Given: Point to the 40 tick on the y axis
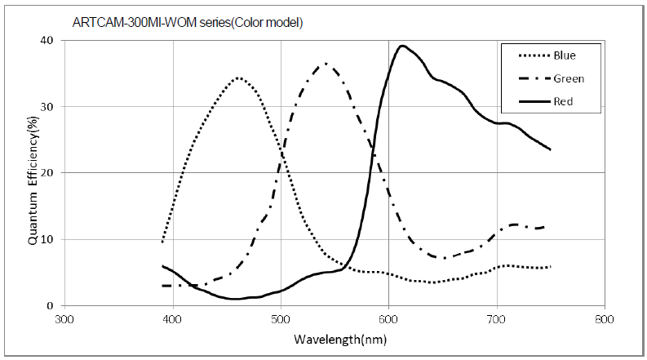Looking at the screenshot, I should pyautogui.click(x=48, y=40).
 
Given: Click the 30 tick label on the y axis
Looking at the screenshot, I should pyautogui.click(x=48, y=106).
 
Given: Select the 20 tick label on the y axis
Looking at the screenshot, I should pyautogui.click(x=48, y=173).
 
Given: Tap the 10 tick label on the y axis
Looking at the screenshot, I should pyautogui.click(x=48, y=239).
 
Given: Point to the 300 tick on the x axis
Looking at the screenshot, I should pyautogui.click(x=64, y=319).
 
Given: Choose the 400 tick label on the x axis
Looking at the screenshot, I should pyautogui.click(x=171, y=319).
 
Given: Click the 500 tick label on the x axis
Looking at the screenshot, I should pyautogui.click(x=280, y=319).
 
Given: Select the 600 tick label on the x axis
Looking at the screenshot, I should pyautogui.click(x=388, y=319).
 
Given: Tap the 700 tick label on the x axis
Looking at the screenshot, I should pyautogui.click(x=496, y=319).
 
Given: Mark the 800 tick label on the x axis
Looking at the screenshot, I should pyautogui.click(x=604, y=319).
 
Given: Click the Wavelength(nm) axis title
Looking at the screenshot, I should pyautogui.click(x=335, y=338).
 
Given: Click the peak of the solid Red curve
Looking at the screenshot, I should pyautogui.click(x=402, y=46).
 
